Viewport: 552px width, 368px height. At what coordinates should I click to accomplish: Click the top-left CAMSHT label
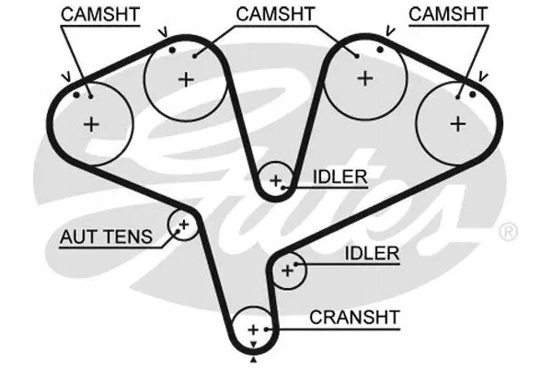(100, 15)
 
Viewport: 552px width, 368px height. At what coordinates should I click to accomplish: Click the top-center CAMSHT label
(275, 14)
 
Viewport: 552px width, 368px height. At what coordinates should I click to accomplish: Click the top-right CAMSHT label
(448, 14)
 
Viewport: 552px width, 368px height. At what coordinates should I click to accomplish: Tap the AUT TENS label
(107, 236)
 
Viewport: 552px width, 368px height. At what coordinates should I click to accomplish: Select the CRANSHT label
(354, 317)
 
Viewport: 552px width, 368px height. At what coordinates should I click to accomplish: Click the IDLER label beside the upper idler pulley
(340, 177)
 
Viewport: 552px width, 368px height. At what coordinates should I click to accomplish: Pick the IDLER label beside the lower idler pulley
(372, 253)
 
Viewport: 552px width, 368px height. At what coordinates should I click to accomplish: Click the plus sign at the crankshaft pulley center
(253, 330)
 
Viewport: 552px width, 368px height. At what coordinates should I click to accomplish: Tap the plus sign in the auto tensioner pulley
(184, 224)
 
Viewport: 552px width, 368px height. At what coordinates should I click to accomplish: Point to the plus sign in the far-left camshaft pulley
(91, 124)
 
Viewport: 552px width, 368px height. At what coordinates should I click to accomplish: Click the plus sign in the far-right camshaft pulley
(458, 124)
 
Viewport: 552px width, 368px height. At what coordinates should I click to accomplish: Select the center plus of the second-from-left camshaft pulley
(186, 80)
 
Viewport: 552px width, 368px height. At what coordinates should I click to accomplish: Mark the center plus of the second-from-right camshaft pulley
(365, 78)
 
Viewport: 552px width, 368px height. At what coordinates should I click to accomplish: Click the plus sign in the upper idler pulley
(275, 181)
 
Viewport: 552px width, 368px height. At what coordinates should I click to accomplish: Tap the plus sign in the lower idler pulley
(288, 270)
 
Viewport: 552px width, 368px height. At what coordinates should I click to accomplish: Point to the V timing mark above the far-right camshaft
(483, 76)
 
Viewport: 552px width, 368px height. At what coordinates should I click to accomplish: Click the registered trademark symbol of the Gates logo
(508, 232)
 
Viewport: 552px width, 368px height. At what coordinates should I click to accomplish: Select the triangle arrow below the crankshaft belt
(254, 360)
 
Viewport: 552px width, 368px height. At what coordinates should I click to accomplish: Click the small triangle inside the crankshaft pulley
(253, 344)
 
